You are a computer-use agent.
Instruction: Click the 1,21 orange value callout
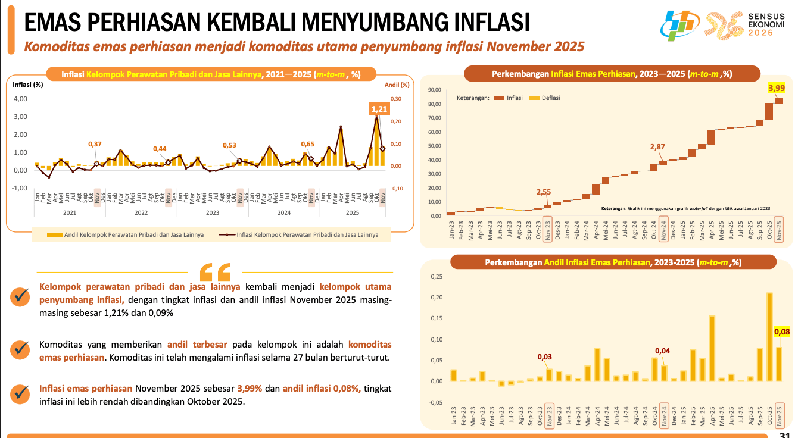coord(379,109)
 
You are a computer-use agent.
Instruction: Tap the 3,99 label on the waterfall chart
coord(777,89)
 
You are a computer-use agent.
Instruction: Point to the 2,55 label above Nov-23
coord(544,192)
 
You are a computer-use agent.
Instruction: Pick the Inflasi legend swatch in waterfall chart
coord(498,98)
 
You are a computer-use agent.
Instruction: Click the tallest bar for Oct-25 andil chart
coord(769,336)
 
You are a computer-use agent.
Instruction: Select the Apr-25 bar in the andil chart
coord(712,348)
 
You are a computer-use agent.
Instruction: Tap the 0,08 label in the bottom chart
coord(781,331)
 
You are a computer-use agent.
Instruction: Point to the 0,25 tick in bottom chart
coord(436,277)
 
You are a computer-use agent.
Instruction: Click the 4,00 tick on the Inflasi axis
coord(21,99)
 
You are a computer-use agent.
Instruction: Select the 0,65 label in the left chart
coord(307,144)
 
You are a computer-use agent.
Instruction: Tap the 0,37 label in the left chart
coord(95,144)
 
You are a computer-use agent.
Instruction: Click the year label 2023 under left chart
coord(213,212)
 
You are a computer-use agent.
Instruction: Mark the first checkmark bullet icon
coord(20,296)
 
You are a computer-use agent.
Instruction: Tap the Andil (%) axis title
coord(397,85)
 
